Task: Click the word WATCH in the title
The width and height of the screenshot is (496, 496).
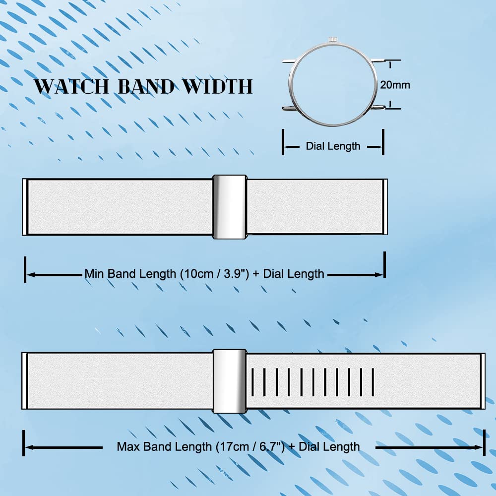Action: (71, 86)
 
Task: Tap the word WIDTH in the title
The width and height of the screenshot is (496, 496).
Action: (218, 86)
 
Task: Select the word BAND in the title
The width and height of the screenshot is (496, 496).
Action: (146, 86)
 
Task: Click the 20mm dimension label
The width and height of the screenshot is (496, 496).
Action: (395, 85)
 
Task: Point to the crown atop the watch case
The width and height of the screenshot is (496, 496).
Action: (333, 39)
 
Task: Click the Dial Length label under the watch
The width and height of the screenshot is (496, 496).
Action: (333, 146)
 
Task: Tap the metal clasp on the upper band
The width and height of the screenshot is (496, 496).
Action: (230, 207)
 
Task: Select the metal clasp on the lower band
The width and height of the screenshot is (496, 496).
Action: (230, 381)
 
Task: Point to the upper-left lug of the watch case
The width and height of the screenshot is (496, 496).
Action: (289, 61)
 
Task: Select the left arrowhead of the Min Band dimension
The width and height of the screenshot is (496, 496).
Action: (31, 275)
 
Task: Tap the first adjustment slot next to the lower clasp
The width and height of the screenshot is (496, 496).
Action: (252, 382)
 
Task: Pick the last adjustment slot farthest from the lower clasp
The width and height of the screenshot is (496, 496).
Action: (373, 382)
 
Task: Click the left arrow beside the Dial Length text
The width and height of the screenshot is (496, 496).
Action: (292, 147)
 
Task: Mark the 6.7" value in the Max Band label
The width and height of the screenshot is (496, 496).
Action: (271, 447)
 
